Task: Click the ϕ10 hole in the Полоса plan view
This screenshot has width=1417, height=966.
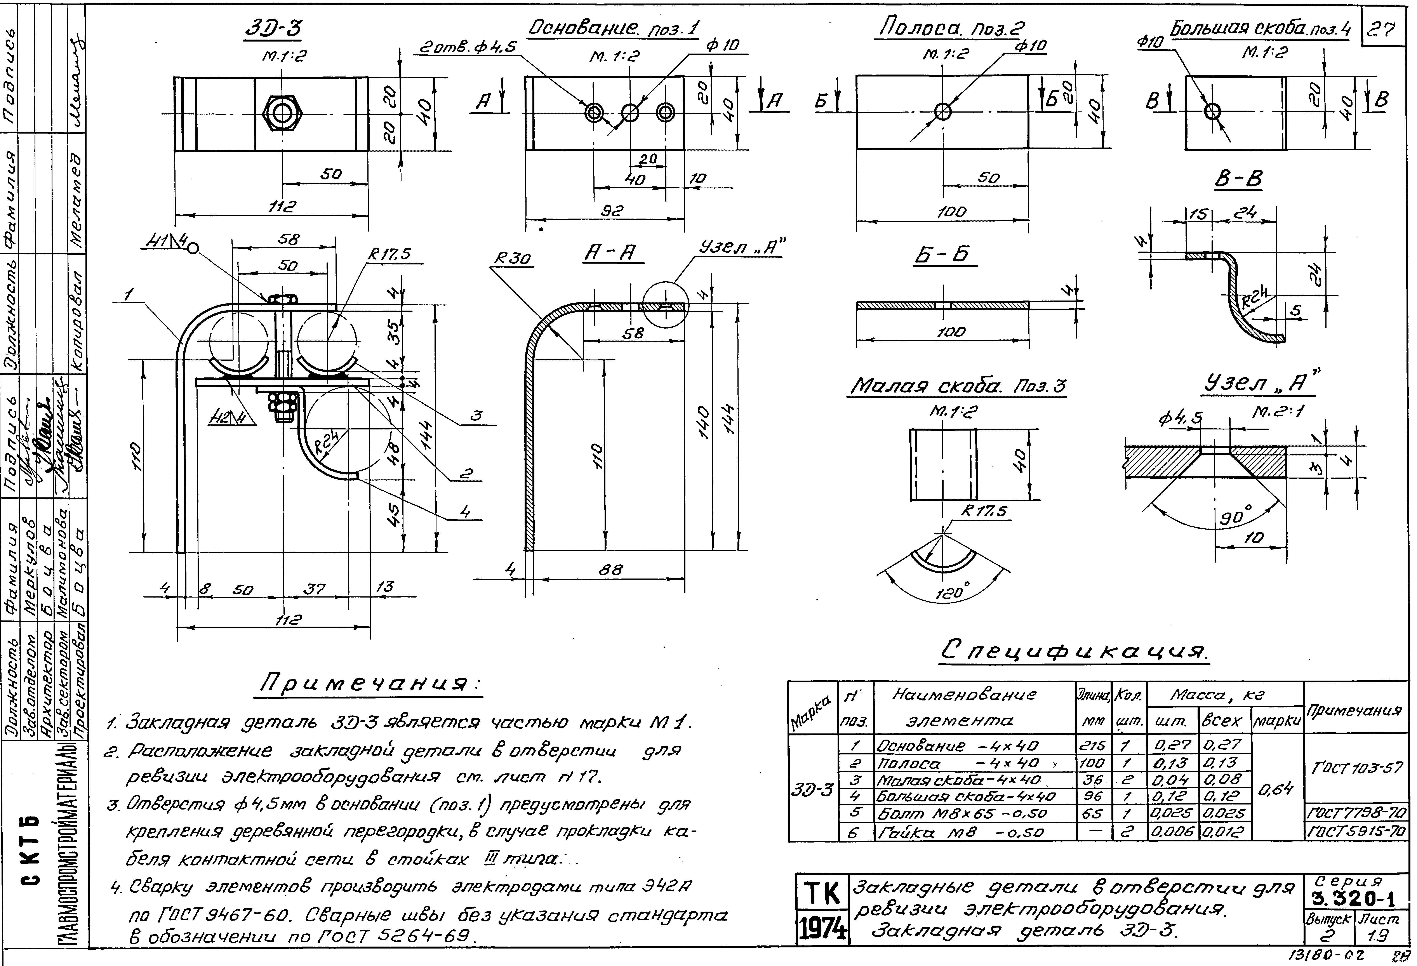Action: [x=943, y=112]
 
